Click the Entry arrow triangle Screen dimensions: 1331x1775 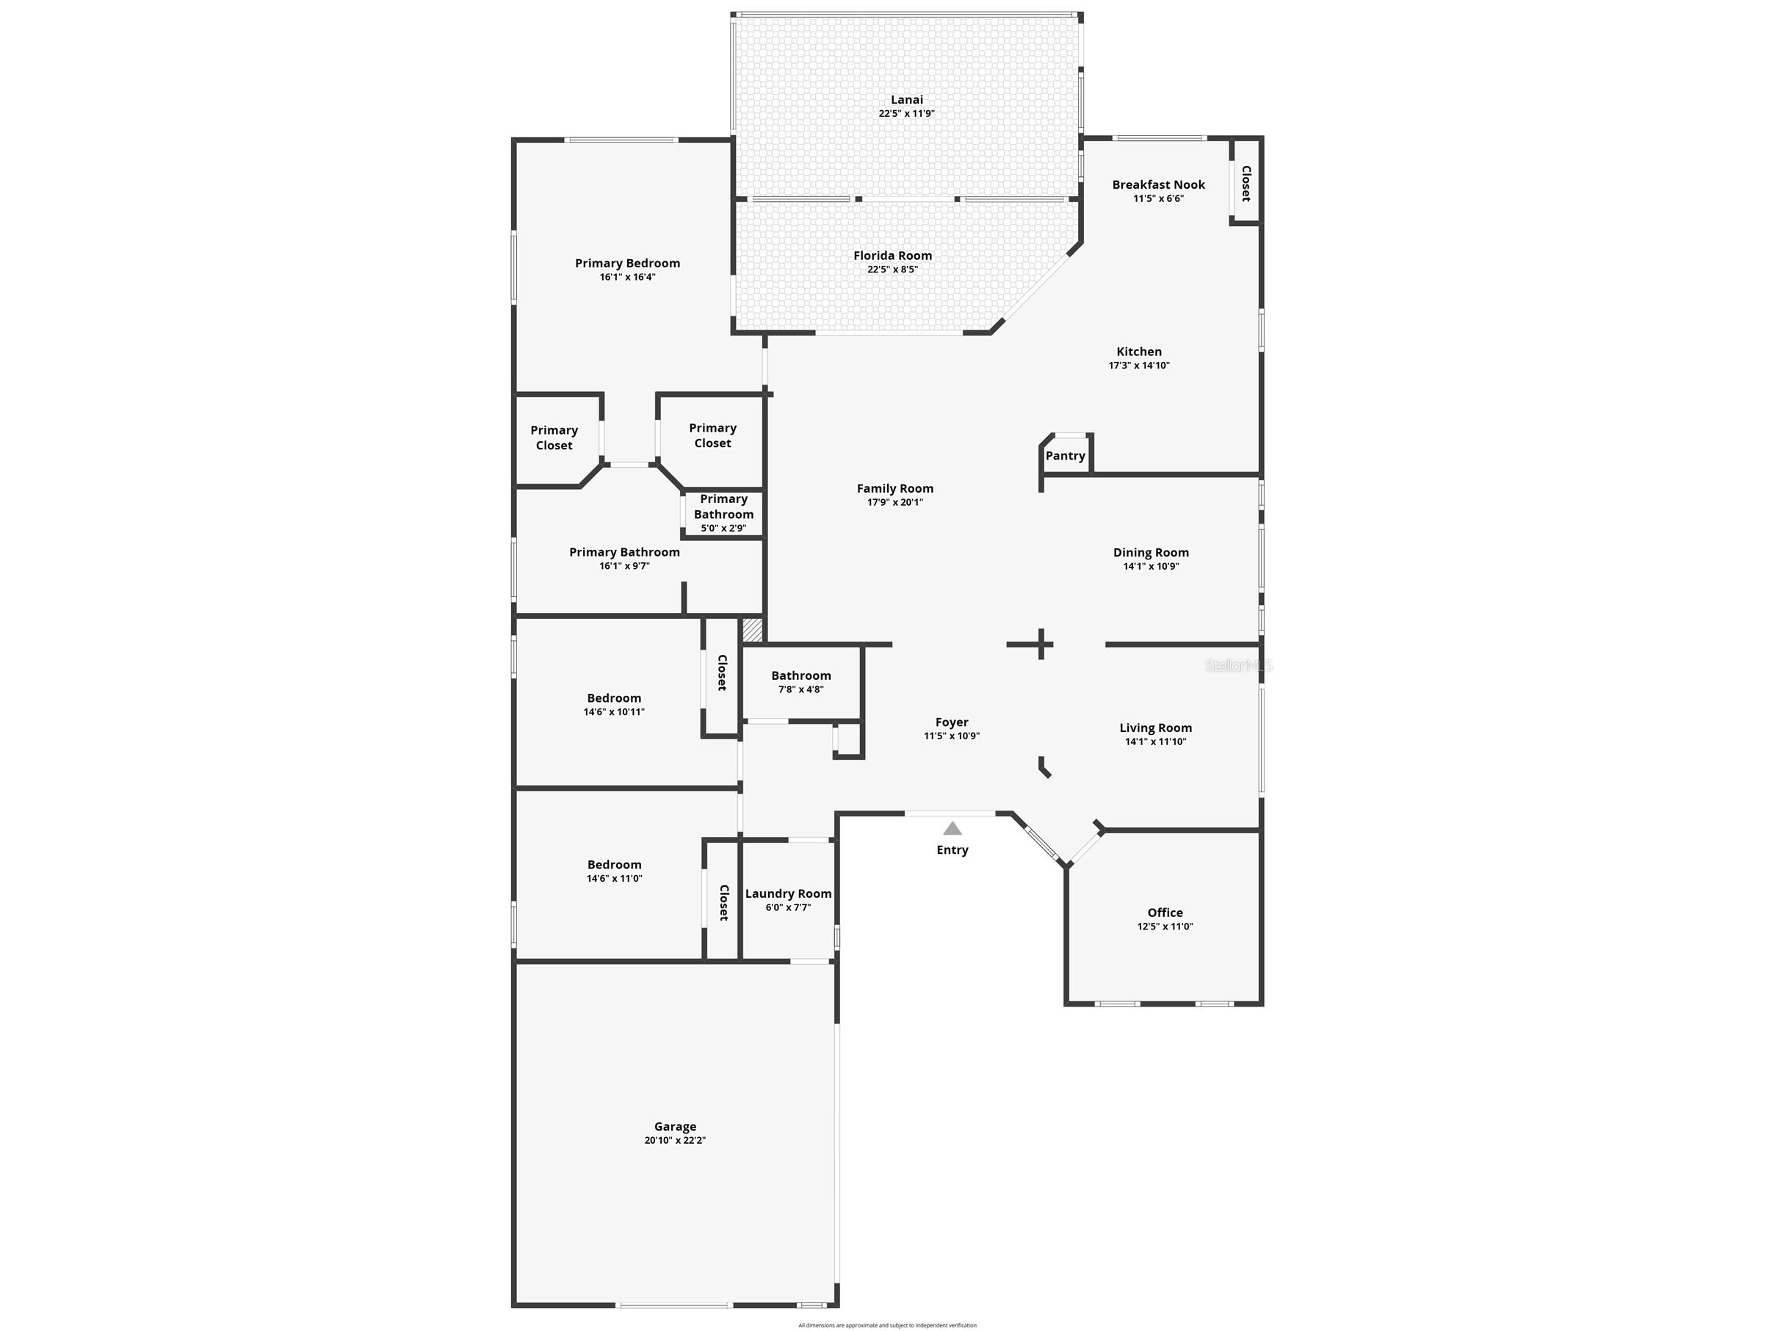click(952, 829)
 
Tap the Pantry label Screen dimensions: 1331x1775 click(1065, 456)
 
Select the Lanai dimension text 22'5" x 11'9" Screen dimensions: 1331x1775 click(906, 114)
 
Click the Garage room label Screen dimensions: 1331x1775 click(675, 1126)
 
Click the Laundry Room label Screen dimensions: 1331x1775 click(788, 893)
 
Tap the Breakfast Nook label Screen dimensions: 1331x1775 click(1158, 184)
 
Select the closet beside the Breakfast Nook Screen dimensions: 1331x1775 click(1246, 183)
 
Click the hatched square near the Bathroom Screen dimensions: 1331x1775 click(752, 630)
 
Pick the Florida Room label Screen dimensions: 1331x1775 click(892, 256)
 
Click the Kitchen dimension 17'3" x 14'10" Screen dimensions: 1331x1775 click(1139, 366)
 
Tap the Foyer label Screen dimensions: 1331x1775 click(952, 722)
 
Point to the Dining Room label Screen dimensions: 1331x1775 click(1151, 552)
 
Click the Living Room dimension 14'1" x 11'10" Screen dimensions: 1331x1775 click(1155, 742)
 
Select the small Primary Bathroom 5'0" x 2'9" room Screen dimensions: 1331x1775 click(723, 513)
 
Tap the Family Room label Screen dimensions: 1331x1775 click(894, 487)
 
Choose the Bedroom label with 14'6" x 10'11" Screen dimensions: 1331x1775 click(614, 698)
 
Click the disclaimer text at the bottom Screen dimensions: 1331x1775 click(886, 1325)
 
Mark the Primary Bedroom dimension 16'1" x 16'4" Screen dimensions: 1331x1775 click(626, 278)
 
